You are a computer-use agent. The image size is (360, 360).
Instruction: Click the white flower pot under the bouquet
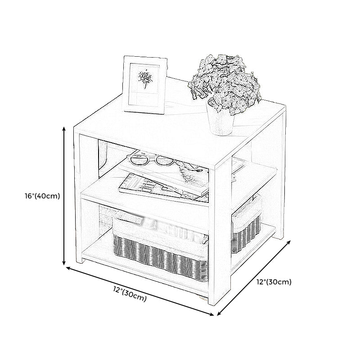coord(220,122)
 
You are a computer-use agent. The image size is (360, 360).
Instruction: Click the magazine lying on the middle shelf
coord(161,185)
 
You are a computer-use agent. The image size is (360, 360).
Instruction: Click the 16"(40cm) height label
coord(42,196)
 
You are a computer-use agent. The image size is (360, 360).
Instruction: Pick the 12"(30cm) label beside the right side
coord(274,282)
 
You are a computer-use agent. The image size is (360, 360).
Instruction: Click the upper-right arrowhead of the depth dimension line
coord(289,243)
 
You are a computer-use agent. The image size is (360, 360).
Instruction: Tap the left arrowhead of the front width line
coord(68,268)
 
